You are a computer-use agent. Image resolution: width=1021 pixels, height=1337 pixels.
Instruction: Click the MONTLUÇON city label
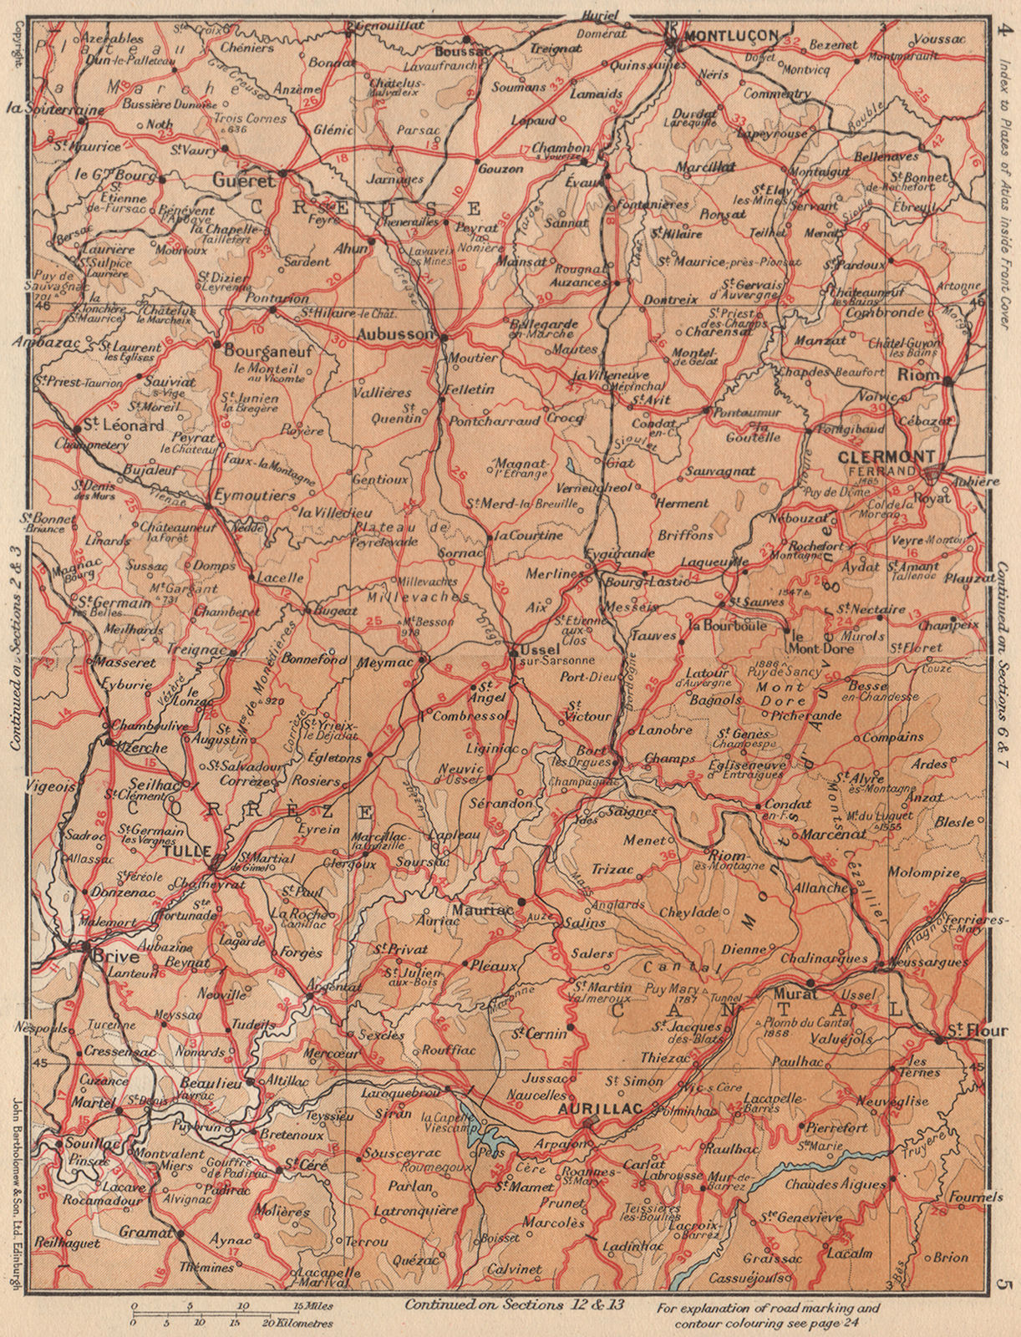tap(731, 35)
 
